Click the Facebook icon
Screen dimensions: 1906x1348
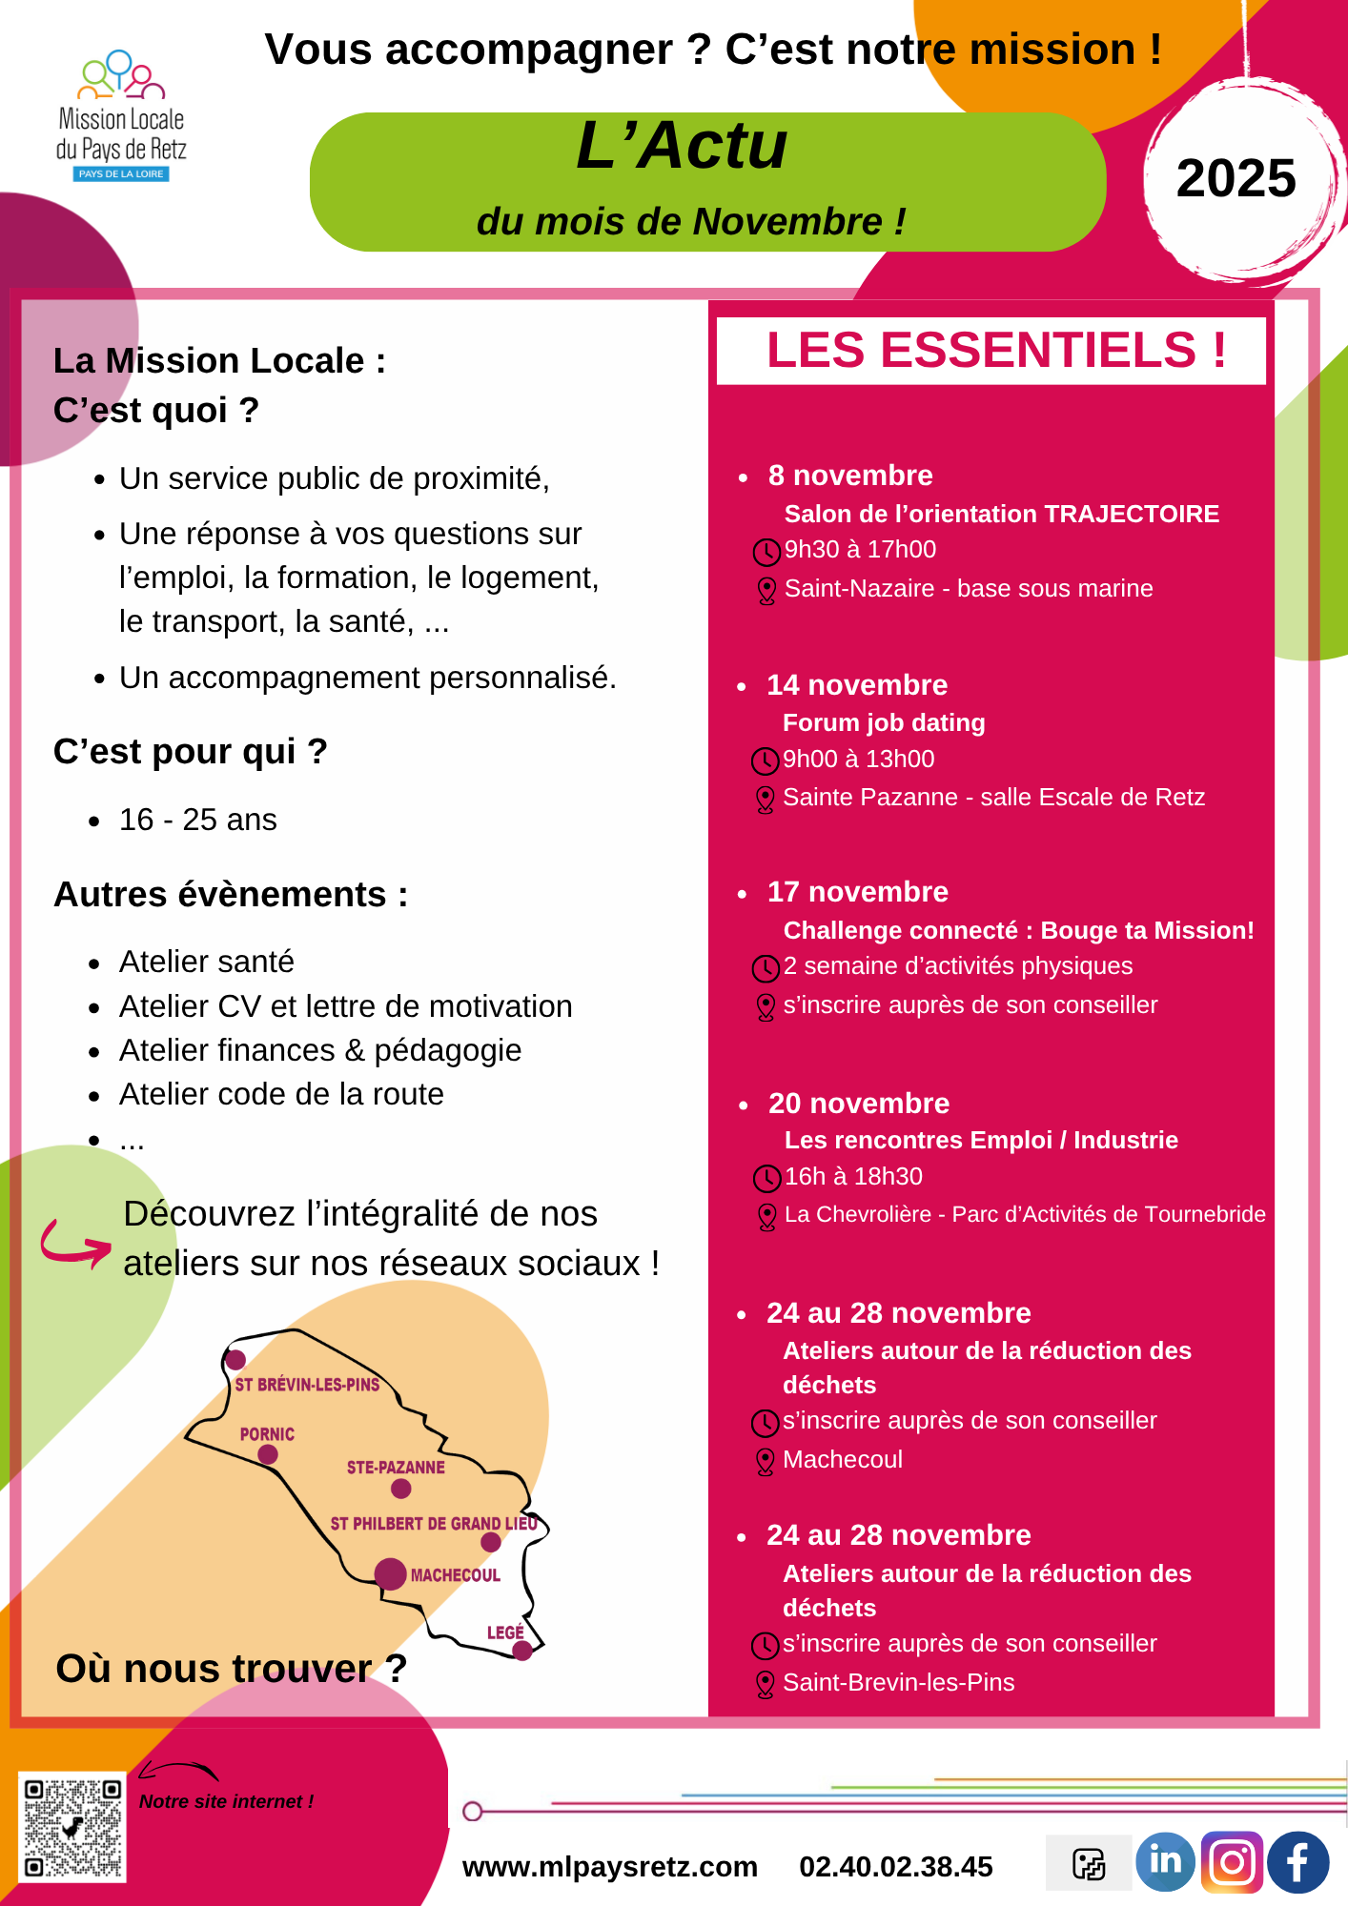click(x=1297, y=1862)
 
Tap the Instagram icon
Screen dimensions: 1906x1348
click(x=1232, y=1862)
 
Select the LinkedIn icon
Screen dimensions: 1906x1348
click(x=1165, y=1861)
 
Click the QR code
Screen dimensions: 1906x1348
click(x=72, y=1827)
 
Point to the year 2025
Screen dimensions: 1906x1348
click(x=1236, y=178)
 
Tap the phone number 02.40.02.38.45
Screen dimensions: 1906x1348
click(x=895, y=1867)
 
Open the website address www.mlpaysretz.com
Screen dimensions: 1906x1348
click(x=609, y=1867)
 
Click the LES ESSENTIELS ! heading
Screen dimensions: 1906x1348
click(x=995, y=350)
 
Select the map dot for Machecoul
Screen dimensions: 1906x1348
click(x=390, y=1573)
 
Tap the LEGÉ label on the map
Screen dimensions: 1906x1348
click(x=505, y=1632)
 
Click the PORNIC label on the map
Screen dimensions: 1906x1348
click(x=267, y=1434)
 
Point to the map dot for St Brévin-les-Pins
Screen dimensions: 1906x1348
click(x=235, y=1360)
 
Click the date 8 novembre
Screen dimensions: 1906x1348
click(x=850, y=476)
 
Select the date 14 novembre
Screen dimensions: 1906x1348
click(x=857, y=685)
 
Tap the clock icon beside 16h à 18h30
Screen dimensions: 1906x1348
click(x=766, y=1179)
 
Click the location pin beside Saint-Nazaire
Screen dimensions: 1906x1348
click(x=766, y=591)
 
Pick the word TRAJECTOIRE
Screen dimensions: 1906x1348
click(x=1132, y=514)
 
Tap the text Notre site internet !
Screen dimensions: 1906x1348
click(x=226, y=1801)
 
